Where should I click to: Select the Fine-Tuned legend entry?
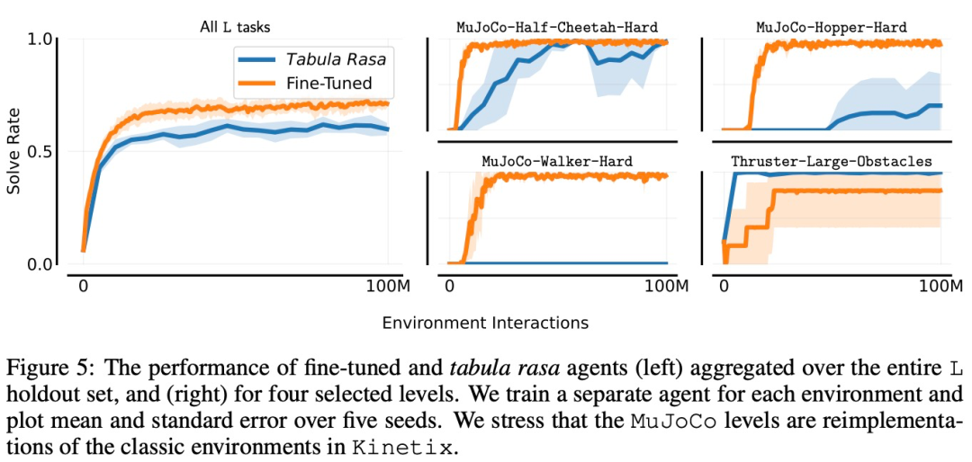329,84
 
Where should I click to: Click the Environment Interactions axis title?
485,322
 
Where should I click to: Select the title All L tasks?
235,27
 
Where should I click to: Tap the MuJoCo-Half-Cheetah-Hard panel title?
556,27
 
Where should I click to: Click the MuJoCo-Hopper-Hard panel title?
832,27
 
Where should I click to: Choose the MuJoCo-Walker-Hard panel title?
556,161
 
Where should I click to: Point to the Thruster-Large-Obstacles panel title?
832,161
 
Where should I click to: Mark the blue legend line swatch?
256,59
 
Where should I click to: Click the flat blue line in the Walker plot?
576,263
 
